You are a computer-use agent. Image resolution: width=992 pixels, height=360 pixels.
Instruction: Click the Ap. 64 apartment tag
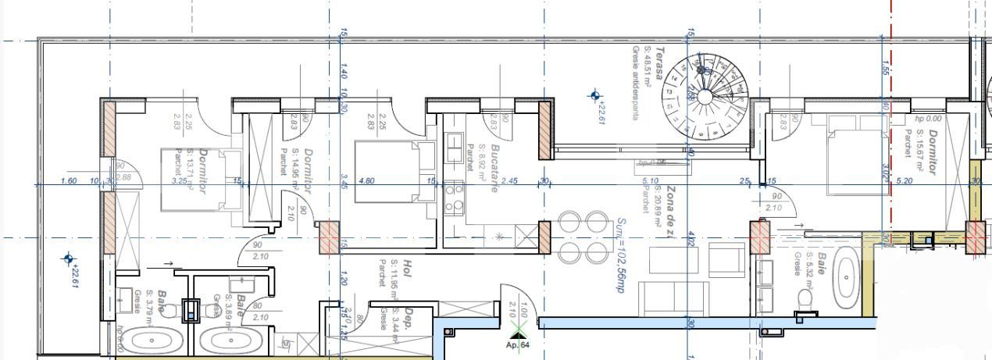click(x=518, y=344)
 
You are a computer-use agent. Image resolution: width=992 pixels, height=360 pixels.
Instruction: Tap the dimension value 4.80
click(x=366, y=181)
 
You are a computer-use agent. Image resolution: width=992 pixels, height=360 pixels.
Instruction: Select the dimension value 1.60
click(x=69, y=181)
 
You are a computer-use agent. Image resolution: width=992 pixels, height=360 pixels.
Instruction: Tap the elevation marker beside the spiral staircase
click(x=596, y=96)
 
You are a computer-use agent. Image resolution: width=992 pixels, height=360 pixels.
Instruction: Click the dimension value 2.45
click(x=509, y=181)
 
